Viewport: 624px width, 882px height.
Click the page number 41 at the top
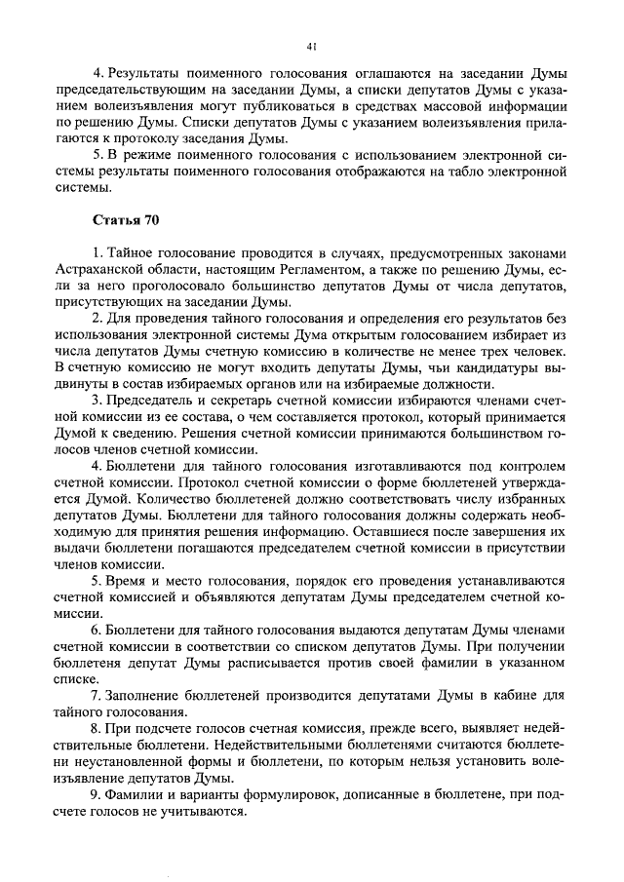click(x=312, y=45)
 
